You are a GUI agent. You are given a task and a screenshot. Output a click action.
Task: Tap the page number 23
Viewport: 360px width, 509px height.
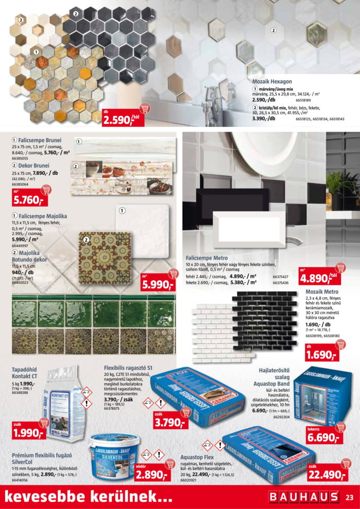[x=349, y=497]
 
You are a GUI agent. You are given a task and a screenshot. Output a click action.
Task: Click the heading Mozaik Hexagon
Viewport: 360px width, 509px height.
[x=272, y=81]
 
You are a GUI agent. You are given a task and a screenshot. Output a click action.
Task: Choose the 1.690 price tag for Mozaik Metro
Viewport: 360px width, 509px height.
[x=321, y=354]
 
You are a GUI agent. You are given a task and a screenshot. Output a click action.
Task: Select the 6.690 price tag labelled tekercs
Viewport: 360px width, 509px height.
[x=323, y=438]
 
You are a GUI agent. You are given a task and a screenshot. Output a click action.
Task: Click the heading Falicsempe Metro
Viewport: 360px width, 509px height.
[x=207, y=258]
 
